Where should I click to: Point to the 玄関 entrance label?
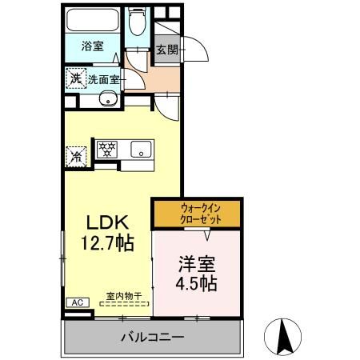point(167,50)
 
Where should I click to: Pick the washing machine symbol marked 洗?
point(74,78)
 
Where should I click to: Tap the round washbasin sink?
point(104,100)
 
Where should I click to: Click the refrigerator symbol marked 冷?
point(75,155)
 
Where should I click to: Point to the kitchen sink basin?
point(141,149)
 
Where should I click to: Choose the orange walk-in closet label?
point(197,214)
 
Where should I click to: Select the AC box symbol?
point(77,302)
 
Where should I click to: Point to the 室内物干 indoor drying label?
point(122,295)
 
